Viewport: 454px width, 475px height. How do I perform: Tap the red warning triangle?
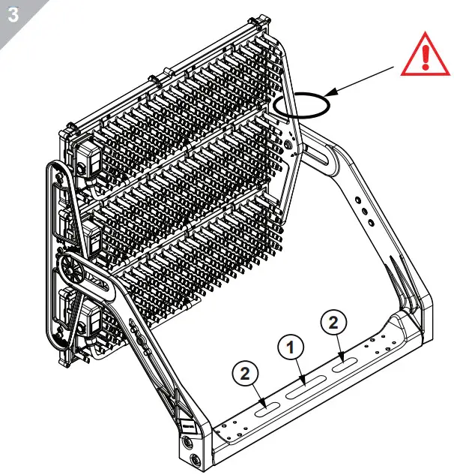click(425, 55)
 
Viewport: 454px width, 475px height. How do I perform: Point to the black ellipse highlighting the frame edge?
click(301, 104)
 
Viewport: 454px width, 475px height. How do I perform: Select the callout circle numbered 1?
click(292, 347)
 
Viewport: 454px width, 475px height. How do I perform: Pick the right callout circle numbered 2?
click(334, 323)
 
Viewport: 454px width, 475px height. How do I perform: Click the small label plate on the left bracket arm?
click(187, 426)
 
